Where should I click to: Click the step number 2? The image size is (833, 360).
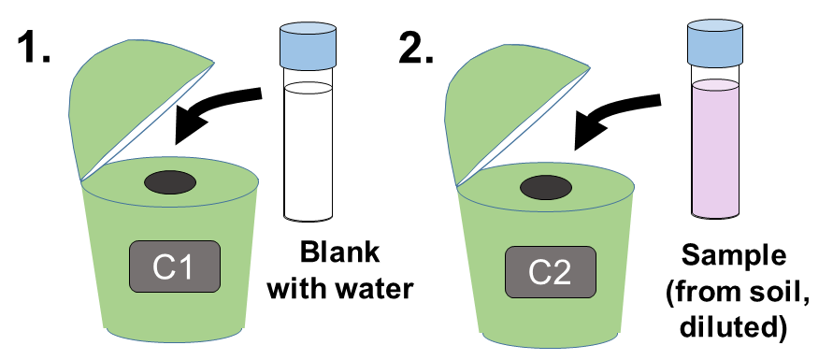[416, 49]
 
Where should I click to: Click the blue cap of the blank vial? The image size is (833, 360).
[308, 43]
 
